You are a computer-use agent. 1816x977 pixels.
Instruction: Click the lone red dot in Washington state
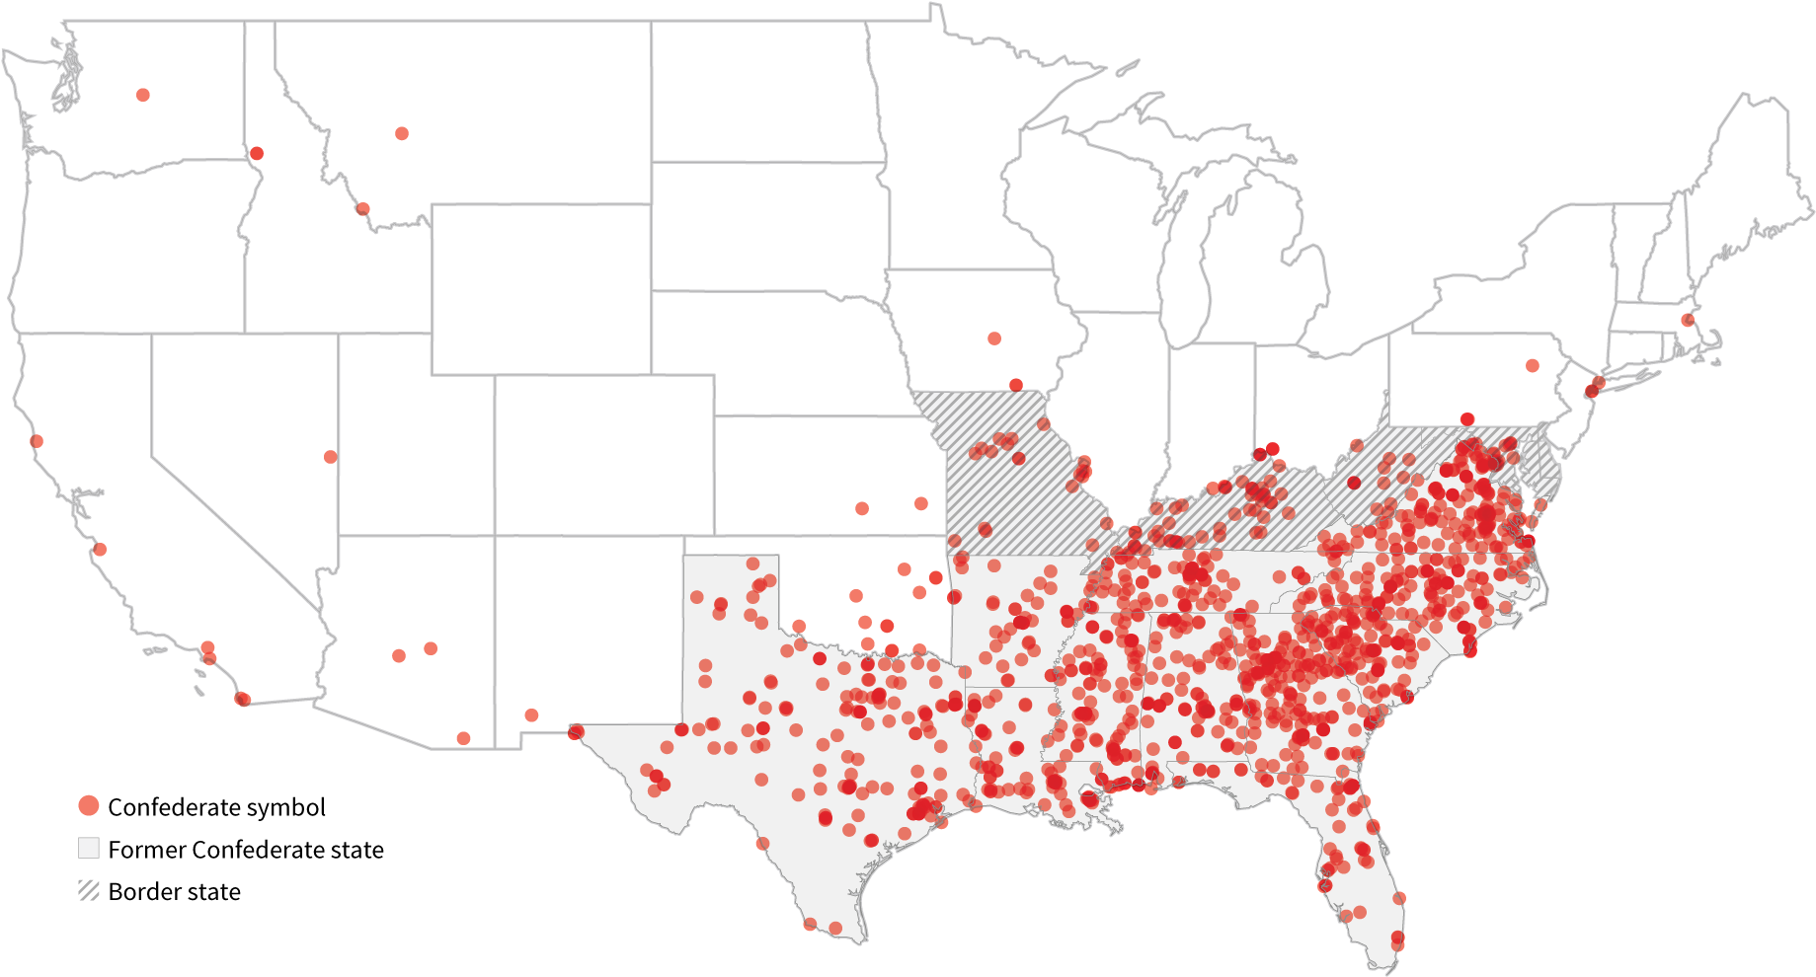[x=143, y=95]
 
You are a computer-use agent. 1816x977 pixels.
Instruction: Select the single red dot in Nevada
[x=331, y=457]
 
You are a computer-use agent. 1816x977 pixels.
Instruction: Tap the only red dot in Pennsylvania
[x=1532, y=365]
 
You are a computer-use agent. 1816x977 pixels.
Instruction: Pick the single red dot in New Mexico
[x=531, y=714]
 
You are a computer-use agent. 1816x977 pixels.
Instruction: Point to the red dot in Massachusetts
[x=1688, y=320]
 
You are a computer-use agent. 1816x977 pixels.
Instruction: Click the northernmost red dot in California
[x=37, y=441]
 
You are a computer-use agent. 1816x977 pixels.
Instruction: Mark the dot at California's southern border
[x=242, y=700]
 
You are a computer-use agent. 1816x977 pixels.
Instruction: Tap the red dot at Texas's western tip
[x=577, y=731]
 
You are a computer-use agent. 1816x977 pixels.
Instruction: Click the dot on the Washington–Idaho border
[x=257, y=153]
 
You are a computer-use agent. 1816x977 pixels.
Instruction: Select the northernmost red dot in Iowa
[x=994, y=338]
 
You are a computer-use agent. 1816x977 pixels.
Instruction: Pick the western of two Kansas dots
[x=862, y=508]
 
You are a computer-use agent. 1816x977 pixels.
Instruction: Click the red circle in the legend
[x=89, y=805]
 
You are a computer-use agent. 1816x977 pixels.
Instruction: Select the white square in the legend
[x=89, y=848]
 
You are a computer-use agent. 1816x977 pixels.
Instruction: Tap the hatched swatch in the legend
[x=89, y=890]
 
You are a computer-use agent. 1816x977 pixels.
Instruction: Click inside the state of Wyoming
[x=540, y=288]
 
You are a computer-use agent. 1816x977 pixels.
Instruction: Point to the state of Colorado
[x=603, y=454]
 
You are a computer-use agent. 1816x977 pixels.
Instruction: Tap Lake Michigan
[x=1180, y=266]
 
